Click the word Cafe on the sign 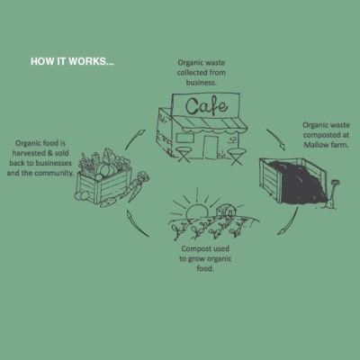click(206, 106)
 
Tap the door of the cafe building click(211, 148)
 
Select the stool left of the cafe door click(183, 154)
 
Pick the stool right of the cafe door click(236, 157)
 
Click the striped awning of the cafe click(210, 123)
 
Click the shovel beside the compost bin click(332, 194)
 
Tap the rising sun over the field click(197, 211)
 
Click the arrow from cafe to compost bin click(276, 139)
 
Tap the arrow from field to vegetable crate click(137, 224)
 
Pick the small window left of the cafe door click(184, 138)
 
